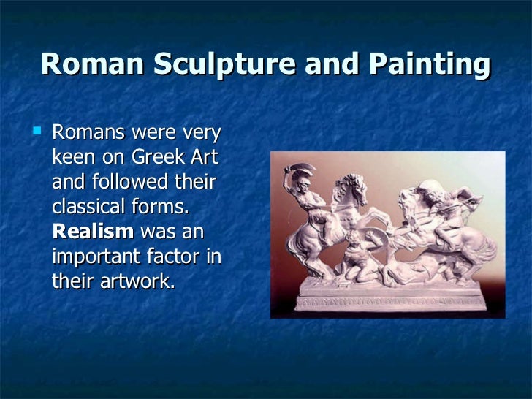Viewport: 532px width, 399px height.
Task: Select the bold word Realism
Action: pos(93,232)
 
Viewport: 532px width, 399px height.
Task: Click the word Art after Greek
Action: pos(205,157)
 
